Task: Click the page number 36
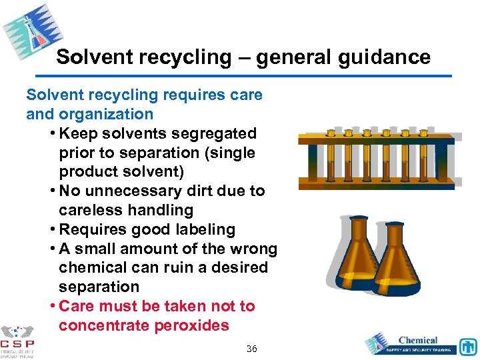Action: pyautogui.click(x=251, y=349)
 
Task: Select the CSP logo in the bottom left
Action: pyautogui.click(x=17, y=342)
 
